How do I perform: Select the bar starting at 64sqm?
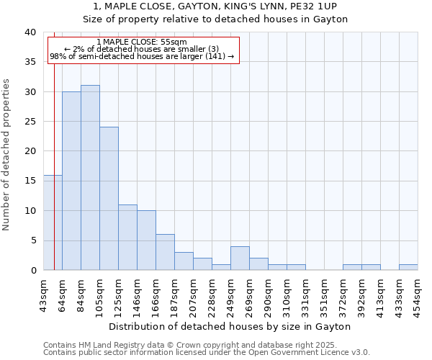pos(71,181)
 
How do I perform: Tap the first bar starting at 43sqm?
pos(53,222)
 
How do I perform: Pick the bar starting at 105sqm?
pos(109,199)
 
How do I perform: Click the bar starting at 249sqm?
pos(240,258)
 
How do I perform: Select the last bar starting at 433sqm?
pos(408,267)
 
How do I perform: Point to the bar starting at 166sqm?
pos(165,252)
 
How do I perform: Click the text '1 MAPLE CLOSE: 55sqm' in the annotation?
pos(141,42)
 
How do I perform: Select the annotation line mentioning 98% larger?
pos(142,56)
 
